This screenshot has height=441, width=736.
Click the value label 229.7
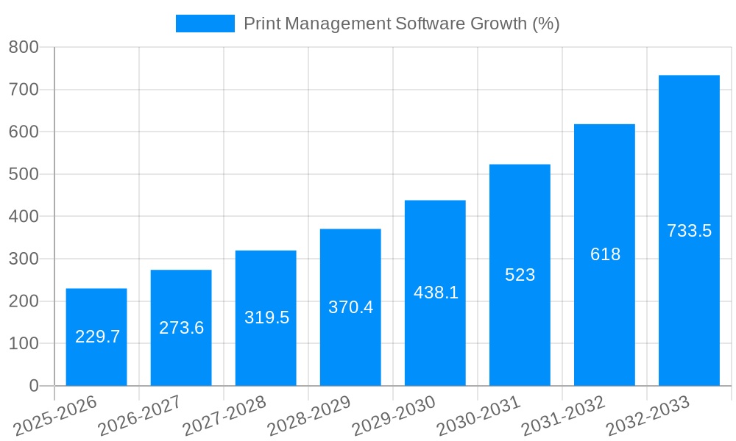point(98,337)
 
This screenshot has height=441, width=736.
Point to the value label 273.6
point(182,328)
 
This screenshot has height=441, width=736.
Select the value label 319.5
point(266,318)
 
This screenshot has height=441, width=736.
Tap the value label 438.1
point(436,293)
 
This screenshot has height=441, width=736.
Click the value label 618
point(605,254)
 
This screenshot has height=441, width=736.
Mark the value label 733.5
point(689,231)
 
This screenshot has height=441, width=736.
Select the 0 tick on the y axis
point(33,386)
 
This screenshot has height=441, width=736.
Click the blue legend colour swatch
point(205,24)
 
